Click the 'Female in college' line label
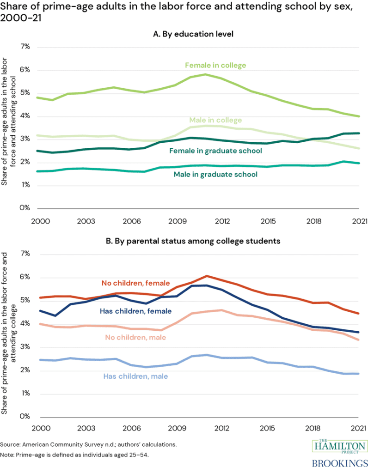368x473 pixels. (215, 65)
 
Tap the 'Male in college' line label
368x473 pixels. (215, 121)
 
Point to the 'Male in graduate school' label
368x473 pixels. (215, 174)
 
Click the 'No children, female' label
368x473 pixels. (135, 283)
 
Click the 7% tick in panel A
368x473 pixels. (24, 47)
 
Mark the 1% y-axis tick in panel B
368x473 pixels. (24, 394)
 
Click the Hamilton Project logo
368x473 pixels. (340, 447)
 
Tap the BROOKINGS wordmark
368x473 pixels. (340, 463)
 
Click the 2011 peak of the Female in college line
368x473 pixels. (205, 74)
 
